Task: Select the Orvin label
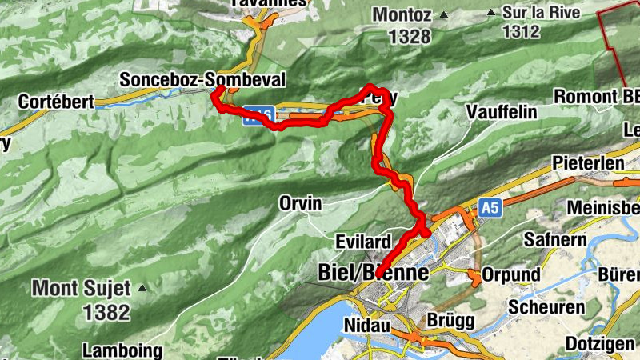(x=300, y=204)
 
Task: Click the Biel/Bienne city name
(x=374, y=273)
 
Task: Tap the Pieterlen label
(x=587, y=163)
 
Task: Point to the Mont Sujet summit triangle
(x=142, y=287)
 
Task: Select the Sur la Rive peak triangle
(x=491, y=12)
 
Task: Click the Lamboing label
(x=123, y=350)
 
